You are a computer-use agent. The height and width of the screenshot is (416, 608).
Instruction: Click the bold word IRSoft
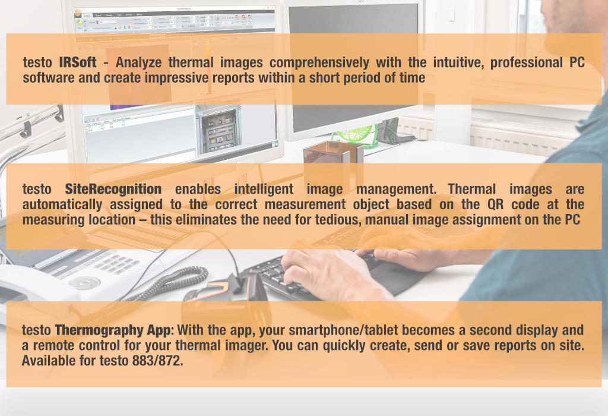pos(78,62)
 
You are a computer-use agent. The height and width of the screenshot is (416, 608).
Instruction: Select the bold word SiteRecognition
pos(113,189)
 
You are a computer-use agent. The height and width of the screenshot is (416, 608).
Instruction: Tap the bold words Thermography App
pos(115,330)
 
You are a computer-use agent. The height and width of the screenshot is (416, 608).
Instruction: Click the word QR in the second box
pos(495,204)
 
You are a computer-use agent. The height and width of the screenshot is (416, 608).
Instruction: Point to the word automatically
pos(62,204)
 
